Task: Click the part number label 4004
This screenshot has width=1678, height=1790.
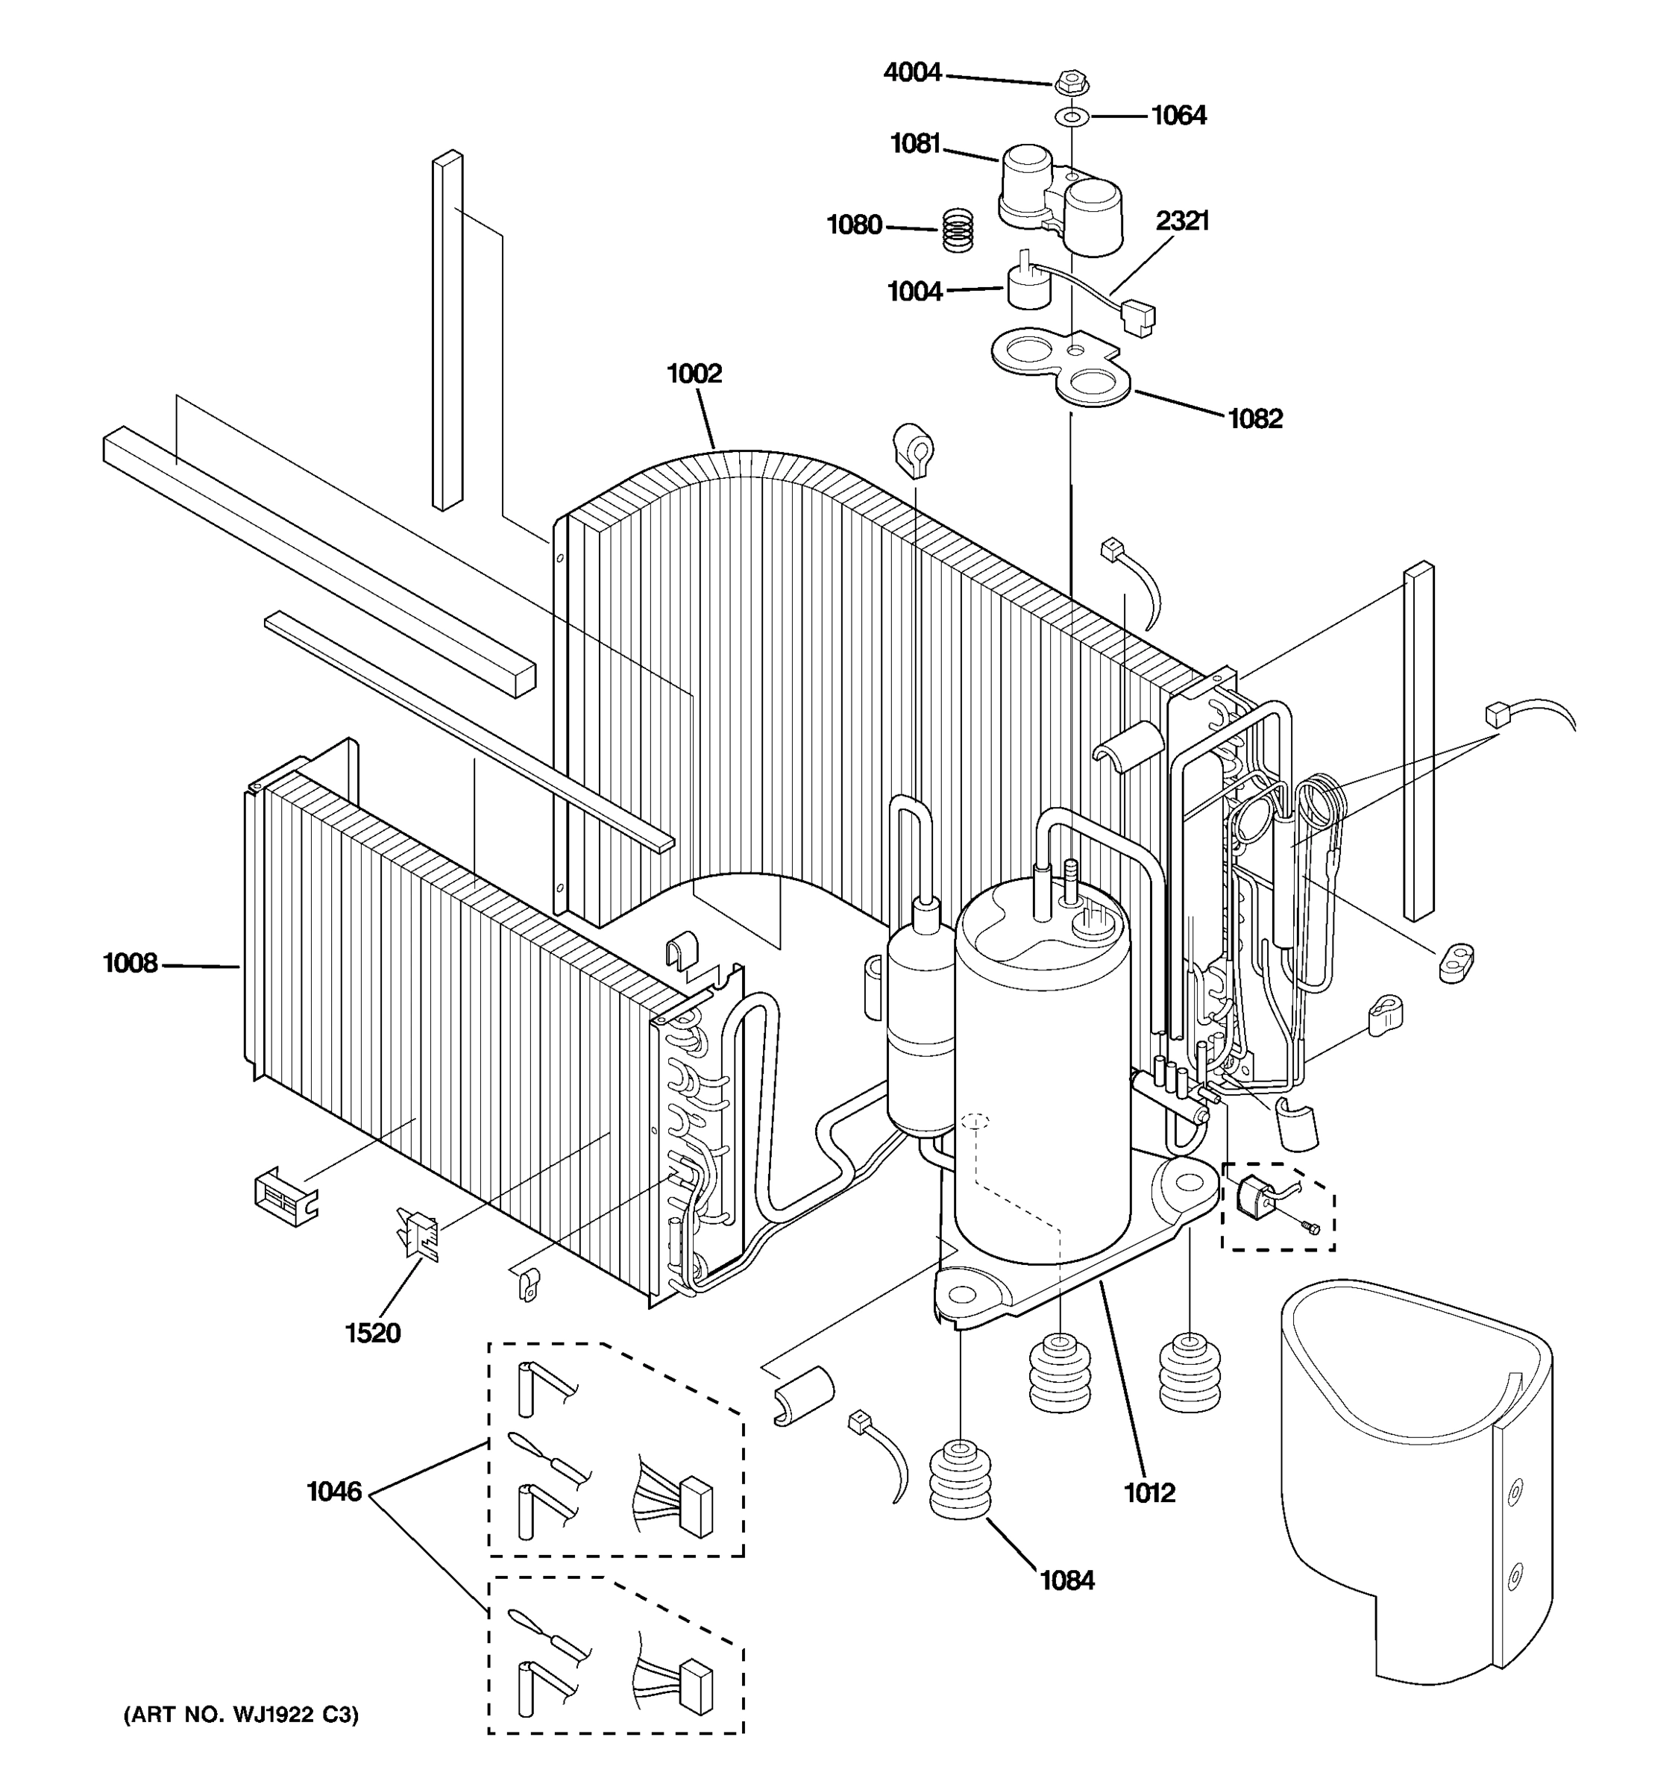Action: [912, 72]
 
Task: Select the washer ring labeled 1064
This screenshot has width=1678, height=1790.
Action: [1070, 116]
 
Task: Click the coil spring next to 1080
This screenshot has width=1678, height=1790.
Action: [958, 230]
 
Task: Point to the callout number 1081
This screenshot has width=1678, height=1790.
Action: [914, 143]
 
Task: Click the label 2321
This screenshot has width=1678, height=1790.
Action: [1182, 221]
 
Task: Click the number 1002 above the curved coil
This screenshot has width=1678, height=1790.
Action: [694, 373]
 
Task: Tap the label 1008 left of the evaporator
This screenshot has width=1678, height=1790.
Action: [131, 964]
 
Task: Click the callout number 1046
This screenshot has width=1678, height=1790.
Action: [334, 1492]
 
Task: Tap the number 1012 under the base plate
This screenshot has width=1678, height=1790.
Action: [1149, 1493]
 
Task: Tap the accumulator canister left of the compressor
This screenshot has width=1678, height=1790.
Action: [920, 1026]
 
